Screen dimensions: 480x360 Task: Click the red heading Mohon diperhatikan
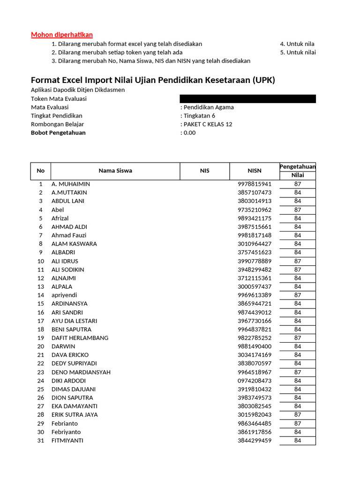point(62,35)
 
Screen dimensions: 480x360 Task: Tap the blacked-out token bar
point(247,99)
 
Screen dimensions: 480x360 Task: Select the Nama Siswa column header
point(115,171)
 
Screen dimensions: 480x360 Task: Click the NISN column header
point(255,171)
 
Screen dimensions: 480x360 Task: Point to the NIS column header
point(205,171)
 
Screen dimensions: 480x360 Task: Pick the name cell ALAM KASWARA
point(74,244)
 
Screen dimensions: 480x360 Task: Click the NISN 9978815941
point(255,184)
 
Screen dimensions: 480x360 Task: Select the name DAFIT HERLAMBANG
point(80,338)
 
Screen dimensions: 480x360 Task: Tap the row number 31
point(41,441)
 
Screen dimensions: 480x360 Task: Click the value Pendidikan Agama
point(209,107)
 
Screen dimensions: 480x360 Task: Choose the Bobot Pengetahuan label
point(58,133)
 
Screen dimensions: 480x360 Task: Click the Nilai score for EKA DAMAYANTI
point(298,406)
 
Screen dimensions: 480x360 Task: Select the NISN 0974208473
point(255,381)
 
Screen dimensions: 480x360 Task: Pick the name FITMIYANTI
point(67,441)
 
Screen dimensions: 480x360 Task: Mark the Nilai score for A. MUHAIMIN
point(298,184)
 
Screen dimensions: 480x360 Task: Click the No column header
point(41,171)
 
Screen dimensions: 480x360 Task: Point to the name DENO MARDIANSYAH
point(81,372)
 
